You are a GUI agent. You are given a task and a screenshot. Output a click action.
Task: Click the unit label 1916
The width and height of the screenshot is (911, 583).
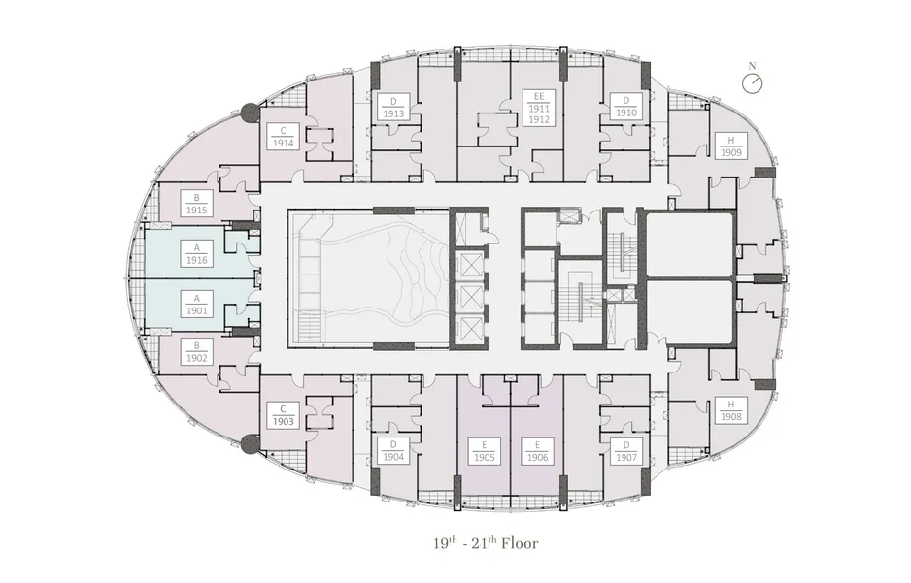[197, 254]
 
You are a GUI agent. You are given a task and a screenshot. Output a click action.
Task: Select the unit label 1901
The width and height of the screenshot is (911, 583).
[197, 305]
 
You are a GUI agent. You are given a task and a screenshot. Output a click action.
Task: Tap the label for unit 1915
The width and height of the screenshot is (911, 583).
[197, 204]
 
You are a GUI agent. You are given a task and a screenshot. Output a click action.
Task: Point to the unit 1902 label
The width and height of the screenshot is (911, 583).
[197, 352]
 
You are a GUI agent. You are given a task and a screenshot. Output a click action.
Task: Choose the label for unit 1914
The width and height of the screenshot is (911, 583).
[283, 137]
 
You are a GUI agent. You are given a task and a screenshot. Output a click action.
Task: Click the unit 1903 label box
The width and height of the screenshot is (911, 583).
[283, 415]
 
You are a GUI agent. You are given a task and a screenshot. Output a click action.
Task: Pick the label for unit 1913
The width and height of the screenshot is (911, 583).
[393, 108]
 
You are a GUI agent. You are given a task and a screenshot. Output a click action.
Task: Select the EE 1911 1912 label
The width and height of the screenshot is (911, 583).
[539, 108]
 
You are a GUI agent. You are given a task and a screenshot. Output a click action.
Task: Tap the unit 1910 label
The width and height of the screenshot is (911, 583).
[626, 108]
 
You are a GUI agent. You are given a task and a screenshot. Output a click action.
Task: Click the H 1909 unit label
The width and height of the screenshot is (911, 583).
[731, 146]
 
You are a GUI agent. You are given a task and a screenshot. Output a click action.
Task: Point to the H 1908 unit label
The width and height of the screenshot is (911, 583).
[731, 410]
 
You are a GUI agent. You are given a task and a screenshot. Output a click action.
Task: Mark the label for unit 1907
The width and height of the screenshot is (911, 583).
[626, 451]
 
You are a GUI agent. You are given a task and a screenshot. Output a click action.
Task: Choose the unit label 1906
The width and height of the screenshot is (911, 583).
[537, 451]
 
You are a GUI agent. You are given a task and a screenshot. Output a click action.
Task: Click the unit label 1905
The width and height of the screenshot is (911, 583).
[484, 451]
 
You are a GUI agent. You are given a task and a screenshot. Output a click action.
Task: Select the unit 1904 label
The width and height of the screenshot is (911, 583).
[393, 451]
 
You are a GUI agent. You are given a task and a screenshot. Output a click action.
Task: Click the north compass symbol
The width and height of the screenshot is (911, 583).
[753, 83]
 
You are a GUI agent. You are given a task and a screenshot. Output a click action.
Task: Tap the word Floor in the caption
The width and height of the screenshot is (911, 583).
[520, 543]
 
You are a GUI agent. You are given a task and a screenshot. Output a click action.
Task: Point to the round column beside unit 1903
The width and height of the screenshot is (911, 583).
[251, 444]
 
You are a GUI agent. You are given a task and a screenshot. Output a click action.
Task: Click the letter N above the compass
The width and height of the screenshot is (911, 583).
[752, 67]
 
